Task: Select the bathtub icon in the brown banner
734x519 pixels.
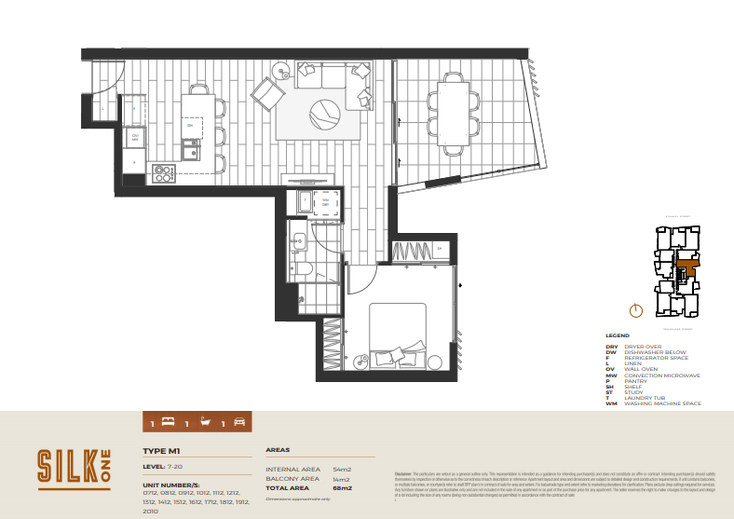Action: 208,423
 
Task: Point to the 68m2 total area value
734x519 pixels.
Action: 343,487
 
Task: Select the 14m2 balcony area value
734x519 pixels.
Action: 342,478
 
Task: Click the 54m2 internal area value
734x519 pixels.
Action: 342,469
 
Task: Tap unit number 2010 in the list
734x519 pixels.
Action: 151,511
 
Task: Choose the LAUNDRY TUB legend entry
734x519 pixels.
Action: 641,398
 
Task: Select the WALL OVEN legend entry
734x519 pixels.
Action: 640,369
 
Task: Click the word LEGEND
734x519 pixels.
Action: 617,335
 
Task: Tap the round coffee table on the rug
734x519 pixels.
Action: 323,116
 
